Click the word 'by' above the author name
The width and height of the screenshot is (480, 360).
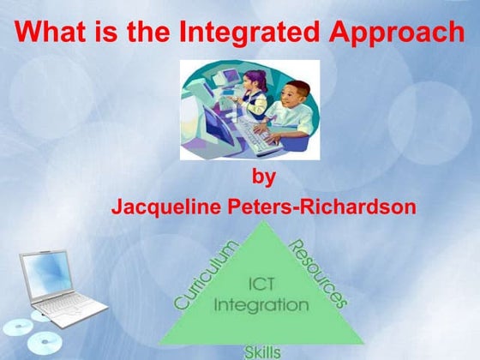coord(264,178)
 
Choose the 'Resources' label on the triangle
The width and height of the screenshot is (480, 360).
coord(319,273)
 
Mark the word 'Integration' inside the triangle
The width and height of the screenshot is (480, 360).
coord(261,304)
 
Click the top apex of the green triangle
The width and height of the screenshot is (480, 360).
coord(262,224)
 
